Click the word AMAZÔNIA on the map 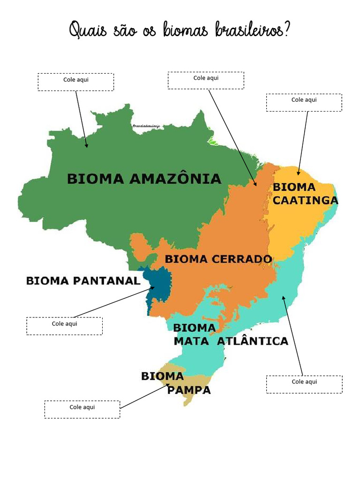(x=174, y=179)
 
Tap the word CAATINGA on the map (x=305, y=201)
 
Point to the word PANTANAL (x=109, y=281)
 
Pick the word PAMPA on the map (x=189, y=390)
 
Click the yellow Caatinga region (x=291, y=225)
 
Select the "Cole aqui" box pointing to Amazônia (x=76, y=82)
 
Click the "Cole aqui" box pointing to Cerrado (x=206, y=80)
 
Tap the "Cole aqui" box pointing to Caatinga (x=304, y=102)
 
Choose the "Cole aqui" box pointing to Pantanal (x=64, y=326)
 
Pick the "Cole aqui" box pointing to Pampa (x=82, y=409)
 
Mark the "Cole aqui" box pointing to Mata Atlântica (x=304, y=384)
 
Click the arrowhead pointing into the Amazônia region (x=87, y=146)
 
